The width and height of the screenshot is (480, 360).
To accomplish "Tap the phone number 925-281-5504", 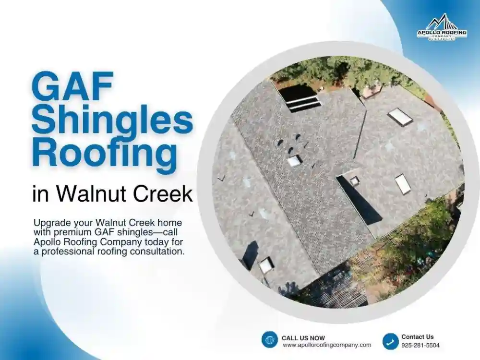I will tap(420, 345).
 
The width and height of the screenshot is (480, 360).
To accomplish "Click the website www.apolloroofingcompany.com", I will tap(326, 345).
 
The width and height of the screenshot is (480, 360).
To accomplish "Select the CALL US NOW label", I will tap(303, 338).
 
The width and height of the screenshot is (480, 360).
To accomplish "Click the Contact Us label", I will tap(417, 337).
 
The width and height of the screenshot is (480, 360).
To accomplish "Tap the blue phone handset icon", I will tap(390, 341).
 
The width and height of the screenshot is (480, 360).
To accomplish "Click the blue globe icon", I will tap(270, 339).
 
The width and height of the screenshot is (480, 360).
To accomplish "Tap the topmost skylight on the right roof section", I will tap(400, 117).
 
